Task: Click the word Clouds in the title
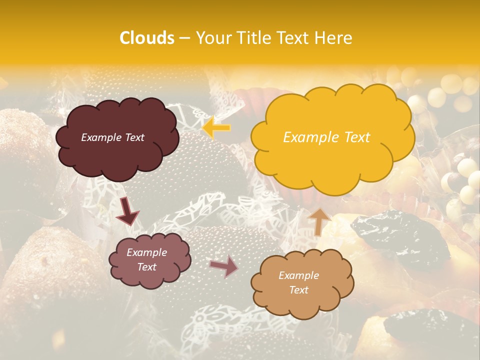pos(147,38)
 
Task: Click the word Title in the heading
pos(250,38)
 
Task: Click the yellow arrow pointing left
pos(216,127)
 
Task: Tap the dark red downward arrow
pos(127,211)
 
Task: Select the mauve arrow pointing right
pos(224,266)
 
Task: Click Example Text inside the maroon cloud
pos(112,137)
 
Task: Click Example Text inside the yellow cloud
pos(326,137)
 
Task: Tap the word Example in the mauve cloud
pos(147,252)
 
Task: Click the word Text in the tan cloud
pos(298,290)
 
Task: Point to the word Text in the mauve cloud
pos(147,267)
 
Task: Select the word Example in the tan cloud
pos(298,275)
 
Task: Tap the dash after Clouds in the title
pos(184,38)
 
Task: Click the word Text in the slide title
pos(292,38)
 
